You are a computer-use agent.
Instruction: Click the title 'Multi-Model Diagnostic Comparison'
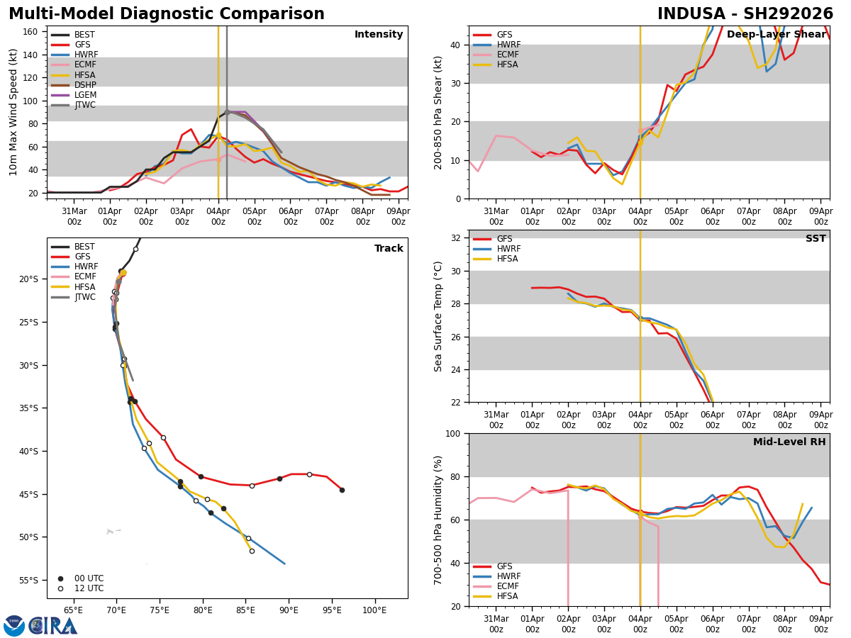pos(167,14)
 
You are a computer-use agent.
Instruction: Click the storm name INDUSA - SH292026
pos(745,14)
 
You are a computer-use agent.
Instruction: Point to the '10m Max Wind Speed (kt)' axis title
pos(13,112)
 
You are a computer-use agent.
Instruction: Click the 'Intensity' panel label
pos(379,35)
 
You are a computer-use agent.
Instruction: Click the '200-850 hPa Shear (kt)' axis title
pos(438,112)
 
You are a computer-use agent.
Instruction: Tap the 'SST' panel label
pos(816,239)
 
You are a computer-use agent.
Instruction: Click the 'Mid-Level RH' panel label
pos(789,442)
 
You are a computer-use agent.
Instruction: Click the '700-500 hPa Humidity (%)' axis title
pos(438,520)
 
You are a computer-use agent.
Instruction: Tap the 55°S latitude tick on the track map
pos(28,581)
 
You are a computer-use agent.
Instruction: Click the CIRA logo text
pos(53,626)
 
